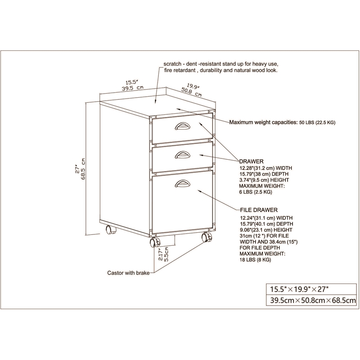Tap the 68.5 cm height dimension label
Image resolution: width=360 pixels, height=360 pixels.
(84, 169)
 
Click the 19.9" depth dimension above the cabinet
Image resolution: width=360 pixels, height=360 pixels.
(193, 86)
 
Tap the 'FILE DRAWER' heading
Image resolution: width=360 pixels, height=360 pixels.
(258, 210)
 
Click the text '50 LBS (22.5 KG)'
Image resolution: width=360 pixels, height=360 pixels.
(317, 122)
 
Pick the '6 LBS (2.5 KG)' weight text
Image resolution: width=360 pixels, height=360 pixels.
(256, 192)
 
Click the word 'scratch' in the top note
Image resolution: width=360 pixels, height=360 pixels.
(173, 64)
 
